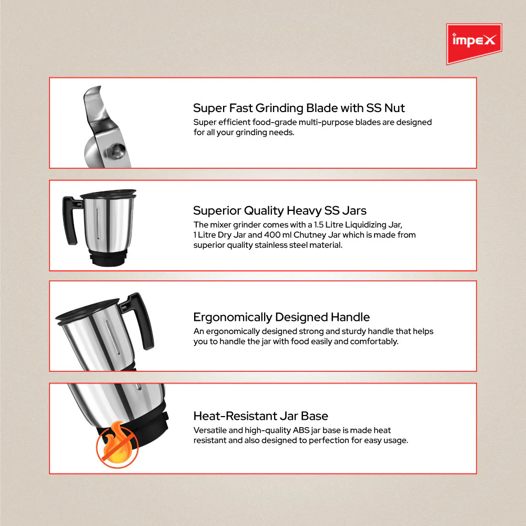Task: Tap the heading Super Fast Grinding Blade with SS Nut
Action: pos(299,108)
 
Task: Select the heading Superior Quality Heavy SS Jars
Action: pos(279,211)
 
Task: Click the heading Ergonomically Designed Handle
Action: pos(281,317)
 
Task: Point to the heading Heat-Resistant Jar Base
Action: pos(260,416)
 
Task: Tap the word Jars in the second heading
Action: pos(354,211)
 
